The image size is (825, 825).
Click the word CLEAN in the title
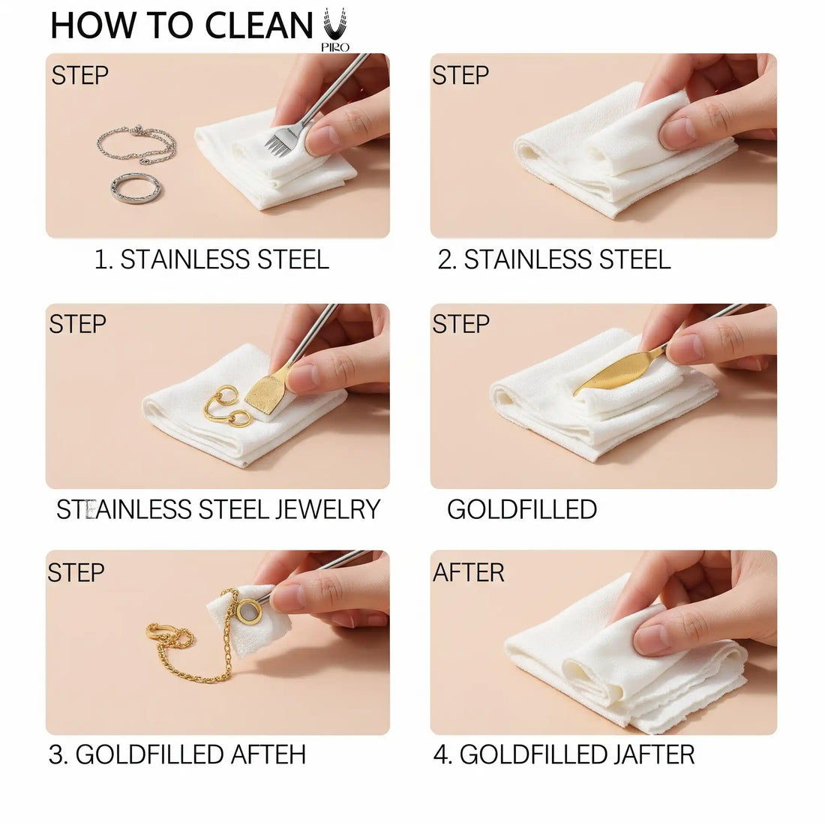coord(258,25)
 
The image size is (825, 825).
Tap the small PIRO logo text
coord(335,47)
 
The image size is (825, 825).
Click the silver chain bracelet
coord(136,144)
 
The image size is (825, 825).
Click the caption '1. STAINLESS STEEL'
coord(211,259)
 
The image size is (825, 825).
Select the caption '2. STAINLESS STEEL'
coord(554,259)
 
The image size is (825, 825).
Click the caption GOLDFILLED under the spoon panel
coord(522,509)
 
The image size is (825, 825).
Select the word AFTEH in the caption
coord(268,754)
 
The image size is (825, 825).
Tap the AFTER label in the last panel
coord(468,572)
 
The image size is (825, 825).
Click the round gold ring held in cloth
coord(247,612)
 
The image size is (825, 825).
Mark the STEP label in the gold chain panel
coord(76,572)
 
